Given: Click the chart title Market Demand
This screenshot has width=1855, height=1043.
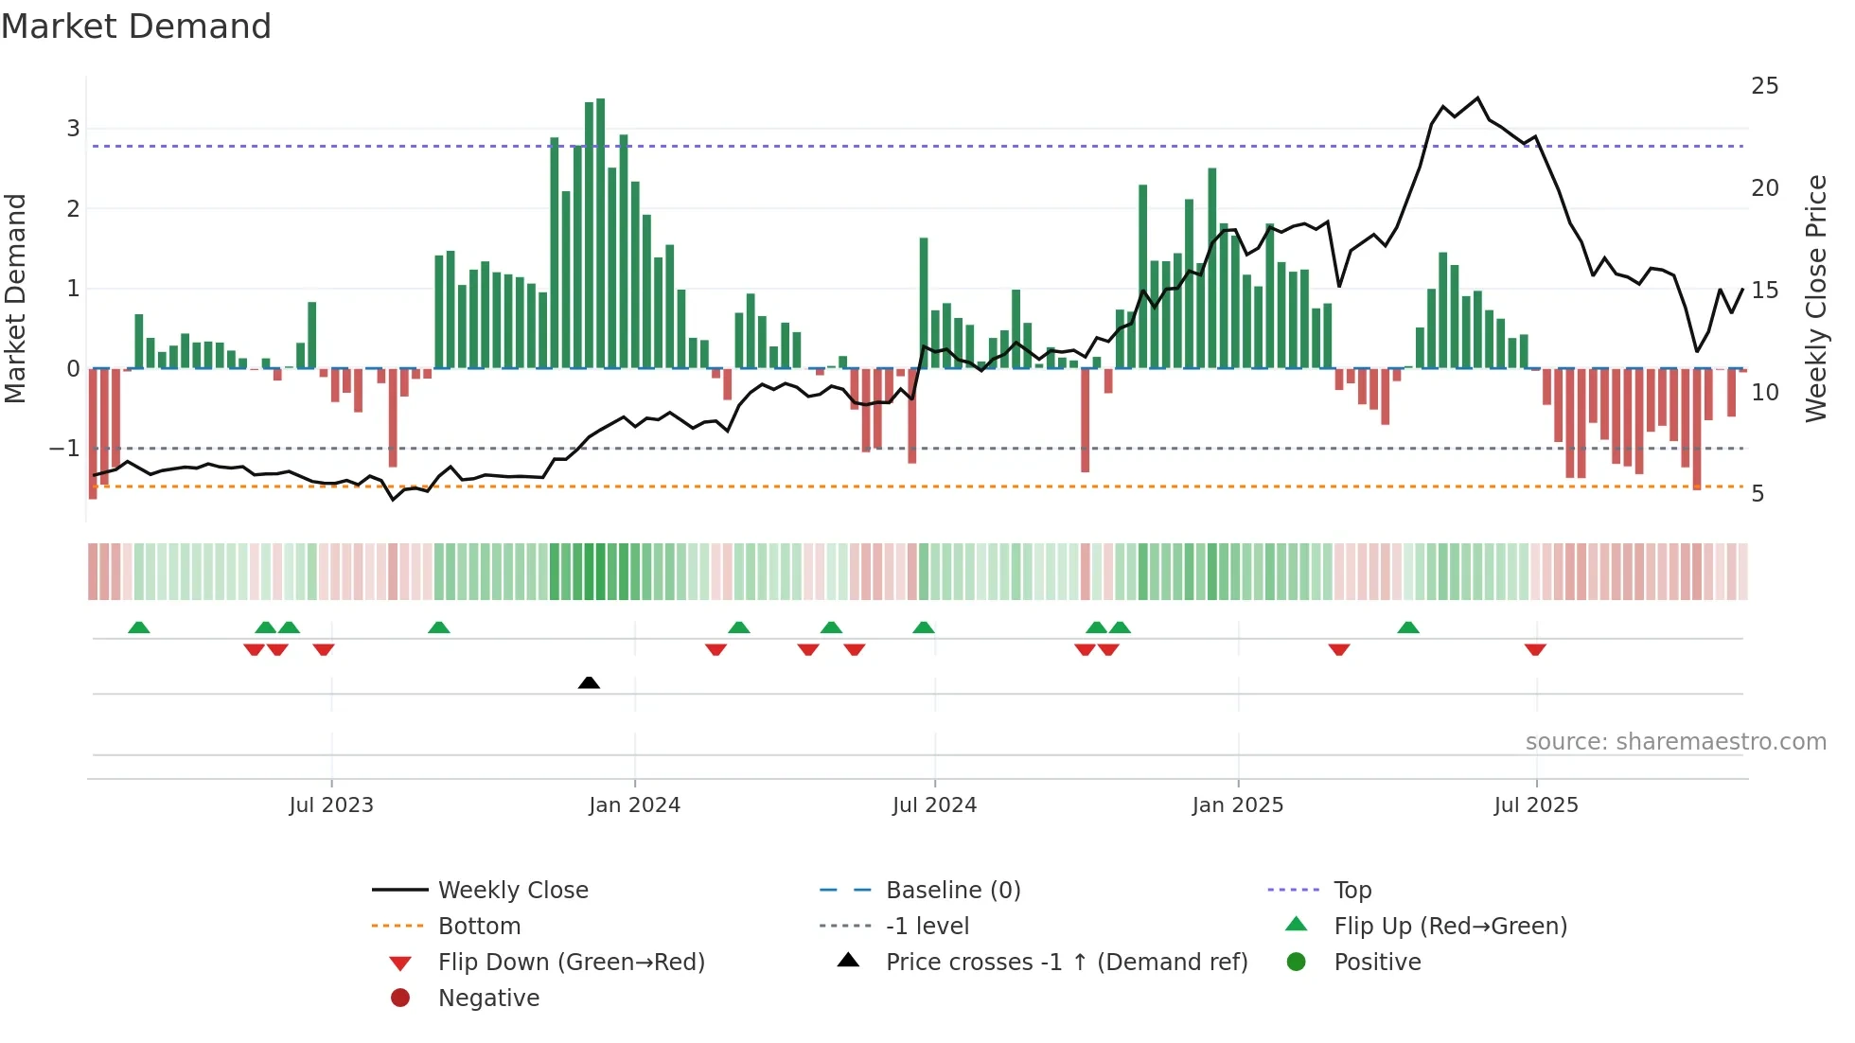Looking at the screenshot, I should pyautogui.click(x=136, y=27).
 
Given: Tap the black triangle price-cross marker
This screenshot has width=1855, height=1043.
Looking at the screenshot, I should pyautogui.click(x=589, y=682).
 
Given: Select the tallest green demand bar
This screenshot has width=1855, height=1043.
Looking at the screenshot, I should pyautogui.click(x=600, y=233).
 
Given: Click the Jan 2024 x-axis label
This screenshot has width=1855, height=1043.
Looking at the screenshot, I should pyautogui.click(x=634, y=804).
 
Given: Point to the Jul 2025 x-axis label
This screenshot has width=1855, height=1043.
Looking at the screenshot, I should pyautogui.click(x=1536, y=804).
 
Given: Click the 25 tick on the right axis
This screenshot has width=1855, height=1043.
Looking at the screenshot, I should pyautogui.click(x=1764, y=86).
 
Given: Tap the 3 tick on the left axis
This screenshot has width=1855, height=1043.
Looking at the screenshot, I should pyautogui.click(x=73, y=128).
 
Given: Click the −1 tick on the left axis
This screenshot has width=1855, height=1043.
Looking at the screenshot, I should pyautogui.click(x=64, y=448).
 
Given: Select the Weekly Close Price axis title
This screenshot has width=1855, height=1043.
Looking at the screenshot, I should pyautogui.click(x=1815, y=298).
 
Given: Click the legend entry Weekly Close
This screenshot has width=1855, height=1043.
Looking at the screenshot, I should pyautogui.click(x=513, y=890).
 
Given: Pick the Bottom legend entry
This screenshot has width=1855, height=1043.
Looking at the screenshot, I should pyautogui.click(x=479, y=926).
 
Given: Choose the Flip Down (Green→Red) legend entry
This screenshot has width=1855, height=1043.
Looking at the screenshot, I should pyautogui.click(x=571, y=962).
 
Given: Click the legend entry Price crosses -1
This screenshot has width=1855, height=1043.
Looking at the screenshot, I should pyautogui.click(x=1067, y=962).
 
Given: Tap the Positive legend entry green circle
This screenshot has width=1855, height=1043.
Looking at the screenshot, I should pyautogui.click(x=1297, y=962).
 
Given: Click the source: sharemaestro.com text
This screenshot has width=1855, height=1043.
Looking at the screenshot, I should pyautogui.click(x=1675, y=741).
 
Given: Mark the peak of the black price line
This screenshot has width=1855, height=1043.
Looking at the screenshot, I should pyautogui.click(x=1477, y=97).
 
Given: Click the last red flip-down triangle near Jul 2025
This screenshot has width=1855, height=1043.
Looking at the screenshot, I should pyautogui.click(x=1535, y=649).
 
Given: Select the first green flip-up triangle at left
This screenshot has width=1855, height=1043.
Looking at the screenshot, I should pyautogui.click(x=139, y=628).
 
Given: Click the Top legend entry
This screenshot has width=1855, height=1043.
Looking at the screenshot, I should pyautogui.click(x=1352, y=890).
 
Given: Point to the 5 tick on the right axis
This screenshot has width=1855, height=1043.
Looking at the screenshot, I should pyautogui.click(x=1758, y=494).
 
